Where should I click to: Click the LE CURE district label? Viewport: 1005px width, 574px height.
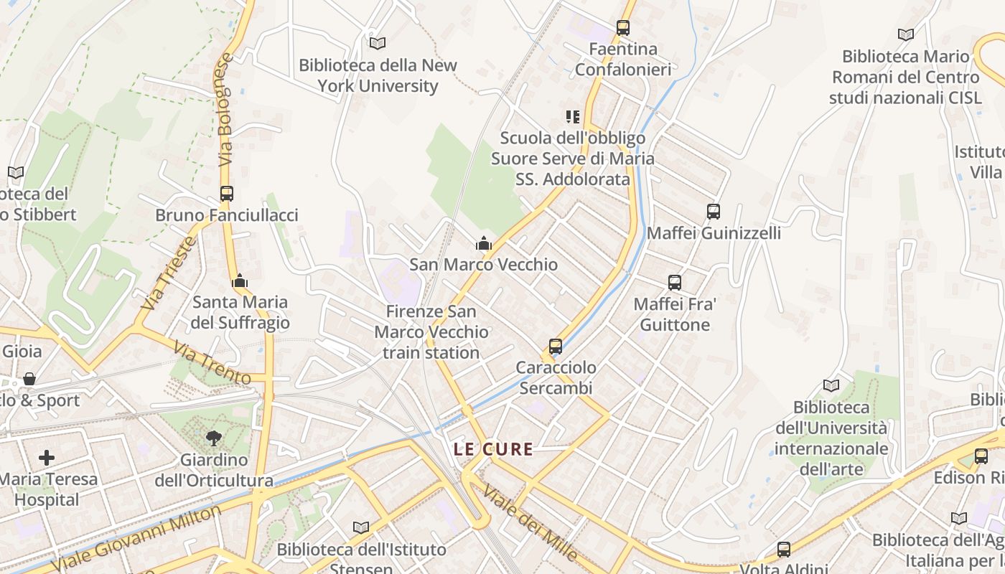tap(494, 450)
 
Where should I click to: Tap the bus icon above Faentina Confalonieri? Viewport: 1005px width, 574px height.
tap(622, 28)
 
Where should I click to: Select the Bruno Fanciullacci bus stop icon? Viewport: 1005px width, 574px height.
tap(227, 194)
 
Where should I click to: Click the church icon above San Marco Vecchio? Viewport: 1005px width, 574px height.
tap(484, 243)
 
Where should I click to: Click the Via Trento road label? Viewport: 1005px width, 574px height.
tap(212, 362)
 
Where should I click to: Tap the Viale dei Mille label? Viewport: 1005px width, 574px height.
tap(530, 522)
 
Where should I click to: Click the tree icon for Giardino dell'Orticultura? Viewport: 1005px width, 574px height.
tap(213, 438)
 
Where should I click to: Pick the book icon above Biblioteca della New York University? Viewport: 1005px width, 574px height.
tap(378, 43)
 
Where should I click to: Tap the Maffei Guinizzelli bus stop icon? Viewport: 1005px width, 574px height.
tap(713, 212)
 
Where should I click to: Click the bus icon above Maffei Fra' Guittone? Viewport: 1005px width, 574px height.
tap(674, 283)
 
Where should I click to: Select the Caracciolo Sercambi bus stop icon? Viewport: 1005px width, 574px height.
tap(555, 347)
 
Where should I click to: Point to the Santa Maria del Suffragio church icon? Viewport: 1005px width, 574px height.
tap(240, 281)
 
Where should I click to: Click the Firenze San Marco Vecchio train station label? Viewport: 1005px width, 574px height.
tap(431, 332)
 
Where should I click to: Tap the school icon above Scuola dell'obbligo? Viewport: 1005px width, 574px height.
tap(572, 116)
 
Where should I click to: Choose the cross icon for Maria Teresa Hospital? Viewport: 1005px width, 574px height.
tap(47, 457)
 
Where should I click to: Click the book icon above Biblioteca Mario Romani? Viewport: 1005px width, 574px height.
tap(906, 34)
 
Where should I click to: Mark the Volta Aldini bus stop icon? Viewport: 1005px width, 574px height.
tap(784, 550)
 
